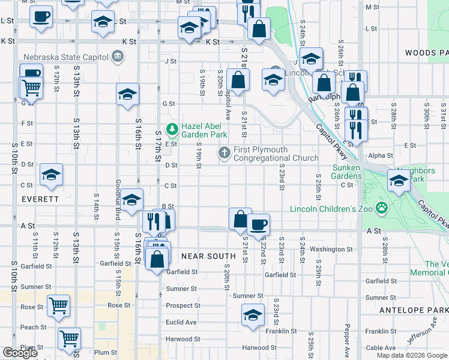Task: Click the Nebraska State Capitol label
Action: pyautogui.click(x=65, y=58)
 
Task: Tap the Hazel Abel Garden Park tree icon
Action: pyautogui.click(x=173, y=128)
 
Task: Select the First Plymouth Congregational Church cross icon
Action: pyautogui.click(x=224, y=152)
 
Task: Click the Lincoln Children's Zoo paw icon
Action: pyautogui.click(x=381, y=208)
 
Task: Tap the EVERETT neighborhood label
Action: pyautogui.click(x=40, y=199)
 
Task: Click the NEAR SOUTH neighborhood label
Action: pyautogui.click(x=208, y=256)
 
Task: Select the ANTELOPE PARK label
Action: pyautogui.click(x=414, y=310)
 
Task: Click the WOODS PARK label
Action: pyautogui.click(x=427, y=53)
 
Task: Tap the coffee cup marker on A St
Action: pyautogui.click(x=258, y=224)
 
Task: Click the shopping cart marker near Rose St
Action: pyautogui.click(x=58, y=305)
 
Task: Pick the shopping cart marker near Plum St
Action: pyautogui.click(x=70, y=338)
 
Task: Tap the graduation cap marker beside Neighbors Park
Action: pyautogui.click(x=399, y=179)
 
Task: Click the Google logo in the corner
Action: pyautogui.click(x=20, y=353)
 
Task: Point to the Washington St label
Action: pyautogui.click(x=331, y=249)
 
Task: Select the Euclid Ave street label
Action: pyautogui.click(x=181, y=322)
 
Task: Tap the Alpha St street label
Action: pyautogui.click(x=381, y=155)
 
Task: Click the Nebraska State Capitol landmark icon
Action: pyautogui.click(x=117, y=58)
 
